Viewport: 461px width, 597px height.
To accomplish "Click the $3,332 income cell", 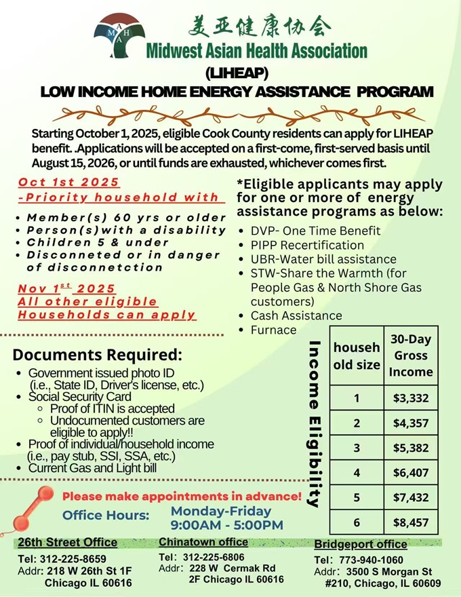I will (x=410, y=398).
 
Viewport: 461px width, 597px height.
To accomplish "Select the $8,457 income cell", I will (x=410, y=522).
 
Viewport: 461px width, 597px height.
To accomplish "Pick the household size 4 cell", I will (x=357, y=472).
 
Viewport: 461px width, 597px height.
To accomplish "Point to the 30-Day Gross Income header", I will (x=410, y=355).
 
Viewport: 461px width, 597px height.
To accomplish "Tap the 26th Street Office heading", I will (x=67, y=543).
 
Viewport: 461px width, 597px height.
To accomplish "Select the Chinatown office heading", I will (x=203, y=541).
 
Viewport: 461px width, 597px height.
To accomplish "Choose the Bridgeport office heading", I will (x=360, y=544).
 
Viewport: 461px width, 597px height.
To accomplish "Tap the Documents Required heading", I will (x=98, y=355).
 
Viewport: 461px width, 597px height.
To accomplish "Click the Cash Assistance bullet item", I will (x=296, y=315).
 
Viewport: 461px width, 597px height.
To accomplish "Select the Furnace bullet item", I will (x=273, y=330).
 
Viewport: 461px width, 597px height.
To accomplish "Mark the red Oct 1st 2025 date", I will (x=68, y=182).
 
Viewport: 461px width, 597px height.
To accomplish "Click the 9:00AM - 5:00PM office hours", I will (x=227, y=525).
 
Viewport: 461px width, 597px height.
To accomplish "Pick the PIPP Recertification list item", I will (x=307, y=245).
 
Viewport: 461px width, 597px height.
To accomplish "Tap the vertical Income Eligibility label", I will (x=314, y=425).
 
